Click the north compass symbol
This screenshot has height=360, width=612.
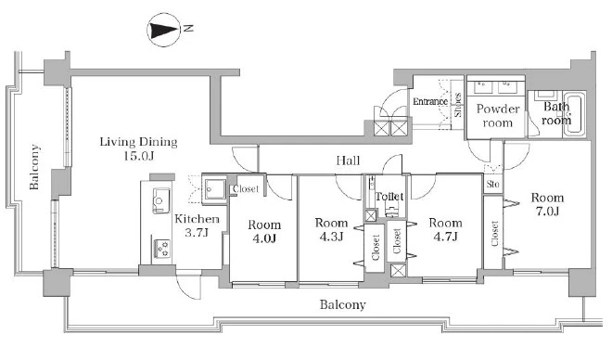pyautogui.click(x=163, y=30)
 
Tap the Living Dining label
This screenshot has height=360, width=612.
pyautogui.click(x=138, y=142)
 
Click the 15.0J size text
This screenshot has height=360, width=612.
pyautogui.click(x=139, y=156)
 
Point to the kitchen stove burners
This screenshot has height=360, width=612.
pyautogui.click(x=161, y=249)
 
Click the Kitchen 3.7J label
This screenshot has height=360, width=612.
pyautogui.click(x=197, y=225)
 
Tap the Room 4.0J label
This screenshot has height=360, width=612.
pyautogui.click(x=264, y=231)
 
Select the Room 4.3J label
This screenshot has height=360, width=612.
pyautogui.click(x=331, y=229)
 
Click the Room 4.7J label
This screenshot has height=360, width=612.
pyautogui.click(x=445, y=229)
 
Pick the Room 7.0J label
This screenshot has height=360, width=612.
pyautogui.click(x=547, y=204)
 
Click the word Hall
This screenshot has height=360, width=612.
pyautogui.click(x=348, y=161)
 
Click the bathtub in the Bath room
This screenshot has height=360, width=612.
pyautogui.click(x=574, y=113)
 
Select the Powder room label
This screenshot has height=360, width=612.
pyautogui.click(x=498, y=116)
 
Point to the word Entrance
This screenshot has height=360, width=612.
pyautogui.click(x=430, y=101)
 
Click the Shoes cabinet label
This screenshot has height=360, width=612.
pyautogui.click(x=458, y=105)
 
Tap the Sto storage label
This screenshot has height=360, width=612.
pyautogui.click(x=492, y=184)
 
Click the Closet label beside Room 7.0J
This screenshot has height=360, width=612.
pyautogui.click(x=495, y=234)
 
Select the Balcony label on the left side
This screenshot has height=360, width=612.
pyautogui.click(x=34, y=167)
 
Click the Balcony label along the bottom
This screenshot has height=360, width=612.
pyautogui.click(x=343, y=304)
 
